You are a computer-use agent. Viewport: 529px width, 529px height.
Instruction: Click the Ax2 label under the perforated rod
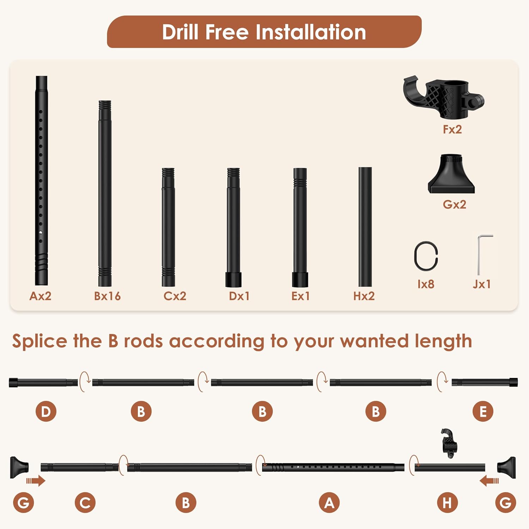point(40,296)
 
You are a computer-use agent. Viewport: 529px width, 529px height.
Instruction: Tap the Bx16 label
point(107,296)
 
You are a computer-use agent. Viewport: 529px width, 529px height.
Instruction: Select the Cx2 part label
point(175,296)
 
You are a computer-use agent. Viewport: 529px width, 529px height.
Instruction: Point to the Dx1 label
point(239,296)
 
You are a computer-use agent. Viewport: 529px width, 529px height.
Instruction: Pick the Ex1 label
point(300,296)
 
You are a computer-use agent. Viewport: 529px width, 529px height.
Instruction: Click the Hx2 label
point(364,296)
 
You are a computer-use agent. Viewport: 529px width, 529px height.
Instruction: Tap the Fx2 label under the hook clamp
point(452,129)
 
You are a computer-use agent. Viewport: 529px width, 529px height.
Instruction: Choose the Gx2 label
point(454,205)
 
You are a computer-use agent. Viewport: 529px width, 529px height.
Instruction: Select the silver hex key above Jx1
point(479,256)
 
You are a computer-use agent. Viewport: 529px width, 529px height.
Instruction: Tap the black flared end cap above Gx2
point(451,175)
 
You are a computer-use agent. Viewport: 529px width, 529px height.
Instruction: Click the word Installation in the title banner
point(311,32)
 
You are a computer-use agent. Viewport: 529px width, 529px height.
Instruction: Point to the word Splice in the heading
point(39,341)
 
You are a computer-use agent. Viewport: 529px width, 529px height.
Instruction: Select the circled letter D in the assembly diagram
point(46,411)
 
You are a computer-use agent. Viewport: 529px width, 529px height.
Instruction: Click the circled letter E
point(483,411)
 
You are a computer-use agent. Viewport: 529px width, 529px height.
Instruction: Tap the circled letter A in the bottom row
point(329,503)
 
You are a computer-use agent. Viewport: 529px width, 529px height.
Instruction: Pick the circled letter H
point(447,503)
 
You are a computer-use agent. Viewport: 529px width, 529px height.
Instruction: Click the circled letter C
point(85,503)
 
